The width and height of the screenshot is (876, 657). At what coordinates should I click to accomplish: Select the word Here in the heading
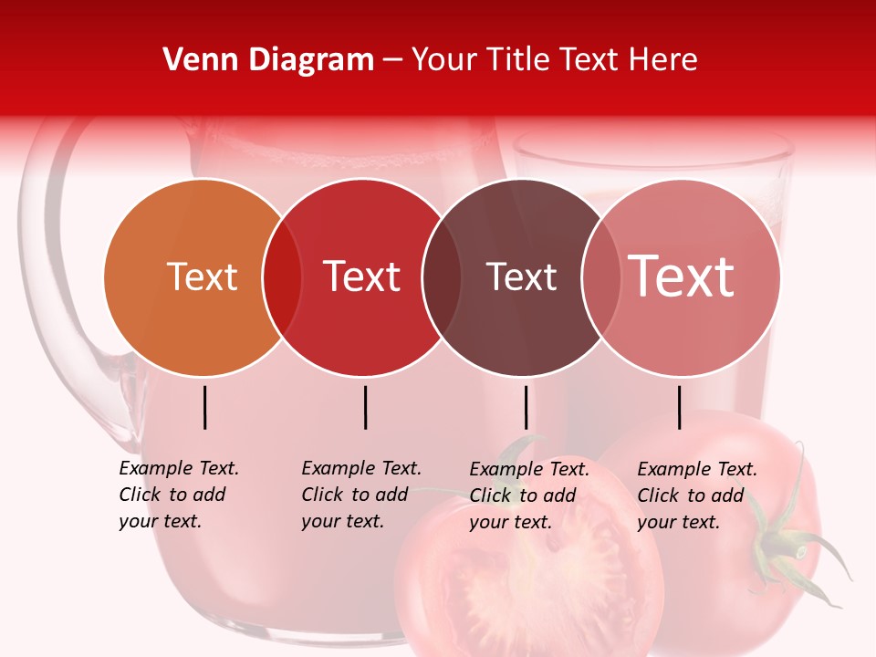(663, 60)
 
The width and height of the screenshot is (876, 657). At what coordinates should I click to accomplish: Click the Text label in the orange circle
(202, 276)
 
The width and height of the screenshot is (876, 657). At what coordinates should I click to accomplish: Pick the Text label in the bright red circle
(361, 276)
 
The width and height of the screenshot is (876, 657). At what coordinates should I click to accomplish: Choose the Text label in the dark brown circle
(521, 276)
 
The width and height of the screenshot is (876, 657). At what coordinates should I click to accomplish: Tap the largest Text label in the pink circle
(682, 276)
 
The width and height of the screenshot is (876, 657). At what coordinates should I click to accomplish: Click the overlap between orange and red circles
(282, 277)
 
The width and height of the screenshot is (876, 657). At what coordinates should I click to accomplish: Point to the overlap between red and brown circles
(442, 277)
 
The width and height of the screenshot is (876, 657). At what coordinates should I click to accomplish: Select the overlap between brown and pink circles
(600, 277)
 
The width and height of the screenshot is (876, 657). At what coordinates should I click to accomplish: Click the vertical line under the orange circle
(205, 407)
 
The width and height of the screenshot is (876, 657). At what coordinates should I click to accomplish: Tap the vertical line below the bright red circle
(365, 407)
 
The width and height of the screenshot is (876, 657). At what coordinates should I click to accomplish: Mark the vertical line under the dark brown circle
(526, 407)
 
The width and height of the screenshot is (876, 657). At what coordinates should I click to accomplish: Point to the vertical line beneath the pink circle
(679, 407)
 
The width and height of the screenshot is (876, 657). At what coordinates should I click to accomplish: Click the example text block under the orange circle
(178, 495)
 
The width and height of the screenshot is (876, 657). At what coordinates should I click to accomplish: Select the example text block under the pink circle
(696, 495)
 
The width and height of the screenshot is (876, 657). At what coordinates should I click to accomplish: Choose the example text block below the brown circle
(528, 495)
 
